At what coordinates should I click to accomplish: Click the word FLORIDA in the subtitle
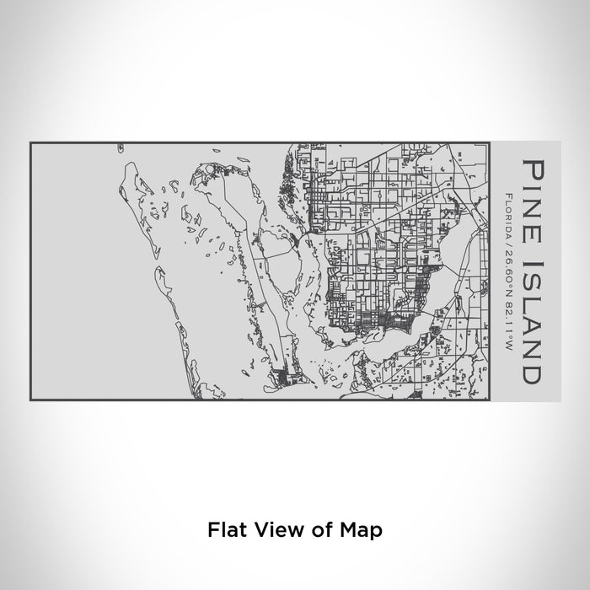click(509, 212)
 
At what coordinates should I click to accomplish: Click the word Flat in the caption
click(224, 530)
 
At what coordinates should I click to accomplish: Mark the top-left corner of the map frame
click(30, 142)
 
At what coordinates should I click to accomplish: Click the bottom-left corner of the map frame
click(30, 400)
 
